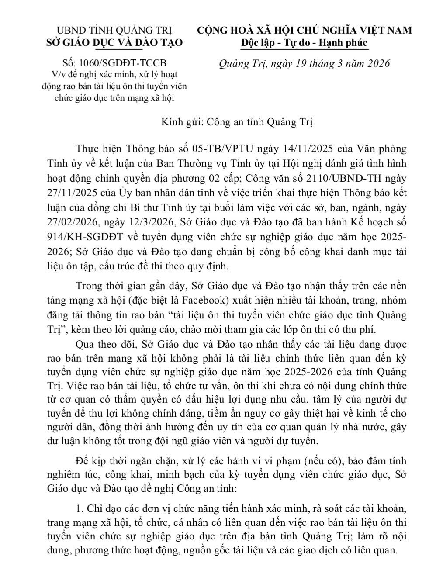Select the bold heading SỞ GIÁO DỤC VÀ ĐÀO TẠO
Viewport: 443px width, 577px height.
(x=114, y=42)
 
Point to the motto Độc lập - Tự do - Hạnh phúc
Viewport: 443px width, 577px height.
(x=305, y=42)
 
